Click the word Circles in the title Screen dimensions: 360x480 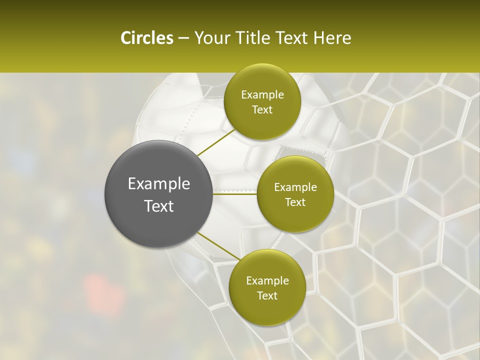[146, 38]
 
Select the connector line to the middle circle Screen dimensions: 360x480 [235, 194]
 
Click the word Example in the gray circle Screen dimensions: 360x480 [159, 184]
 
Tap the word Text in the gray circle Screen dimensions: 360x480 [159, 206]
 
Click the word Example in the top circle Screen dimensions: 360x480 [262, 95]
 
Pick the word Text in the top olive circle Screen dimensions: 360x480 [262, 110]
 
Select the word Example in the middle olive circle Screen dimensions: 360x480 [295, 187]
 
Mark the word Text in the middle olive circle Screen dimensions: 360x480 [295, 202]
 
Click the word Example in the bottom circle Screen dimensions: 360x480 [267, 281]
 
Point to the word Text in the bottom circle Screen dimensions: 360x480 [267, 296]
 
